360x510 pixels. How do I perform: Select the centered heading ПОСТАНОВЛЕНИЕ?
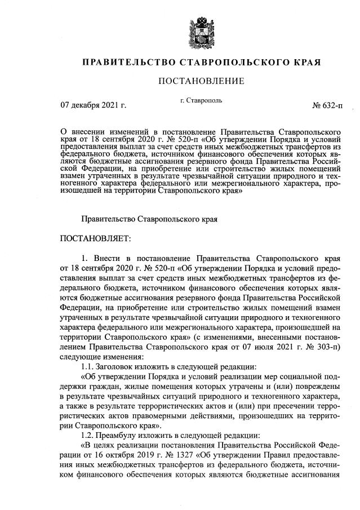[202, 81]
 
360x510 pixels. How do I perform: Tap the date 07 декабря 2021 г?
[94, 105]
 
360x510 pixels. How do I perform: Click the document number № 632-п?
[326, 105]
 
